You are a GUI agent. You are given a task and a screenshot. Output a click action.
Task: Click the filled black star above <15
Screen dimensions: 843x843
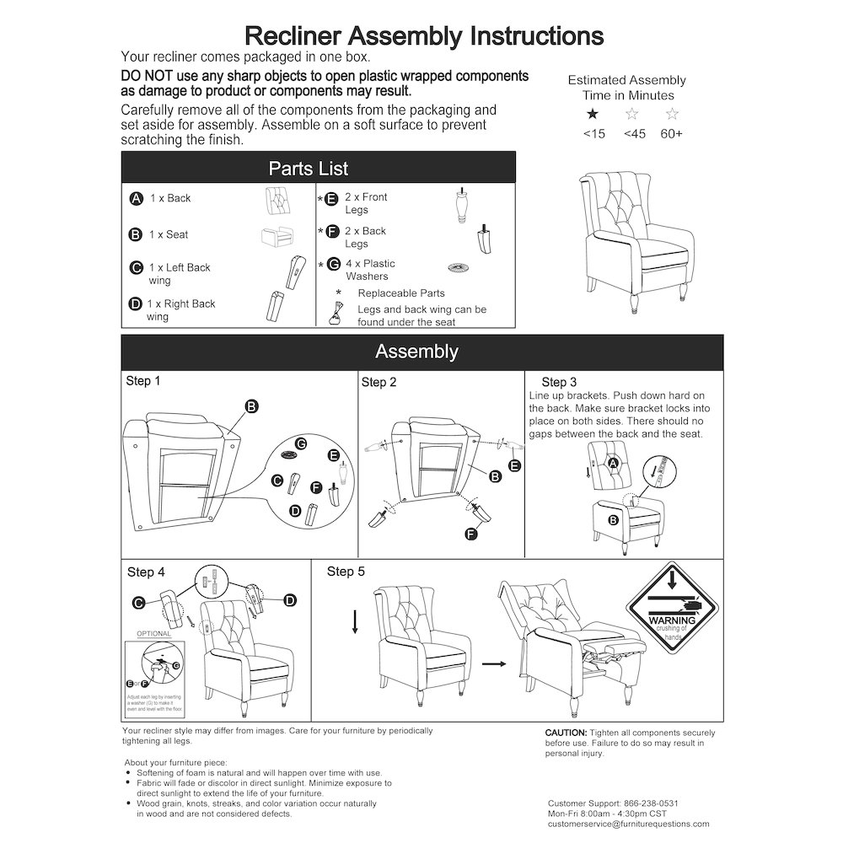(x=593, y=114)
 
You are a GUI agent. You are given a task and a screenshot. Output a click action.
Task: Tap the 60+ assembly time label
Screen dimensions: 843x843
(x=672, y=134)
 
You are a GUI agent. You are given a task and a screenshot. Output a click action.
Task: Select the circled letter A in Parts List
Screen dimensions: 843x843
(x=136, y=199)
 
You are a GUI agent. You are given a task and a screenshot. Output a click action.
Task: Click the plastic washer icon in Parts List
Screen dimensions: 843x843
(x=458, y=267)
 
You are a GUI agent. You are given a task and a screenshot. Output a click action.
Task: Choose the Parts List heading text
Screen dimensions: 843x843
(x=309, y=169)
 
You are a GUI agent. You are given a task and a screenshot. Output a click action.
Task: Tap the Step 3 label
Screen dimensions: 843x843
(x=560, y=383)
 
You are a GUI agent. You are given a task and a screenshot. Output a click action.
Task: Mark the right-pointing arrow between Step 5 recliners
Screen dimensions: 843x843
(x=494, y=664)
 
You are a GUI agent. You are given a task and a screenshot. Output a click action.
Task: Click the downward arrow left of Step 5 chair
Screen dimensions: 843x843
(x=355, y=621)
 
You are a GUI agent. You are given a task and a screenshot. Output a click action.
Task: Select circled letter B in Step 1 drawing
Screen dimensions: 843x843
(x=251, y=407)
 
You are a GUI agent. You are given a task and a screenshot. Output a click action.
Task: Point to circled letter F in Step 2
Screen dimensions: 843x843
(x=471, y=534)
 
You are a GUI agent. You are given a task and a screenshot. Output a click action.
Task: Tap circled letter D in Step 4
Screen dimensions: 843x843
(x=290, y=600)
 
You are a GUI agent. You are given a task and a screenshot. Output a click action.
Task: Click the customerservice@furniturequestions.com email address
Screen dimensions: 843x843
(x=628, y=824)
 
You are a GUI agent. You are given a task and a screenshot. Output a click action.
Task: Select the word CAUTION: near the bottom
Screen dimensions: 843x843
(x=566, y=733)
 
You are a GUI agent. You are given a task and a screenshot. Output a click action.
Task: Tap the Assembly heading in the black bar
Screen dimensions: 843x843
(x=416, y=352)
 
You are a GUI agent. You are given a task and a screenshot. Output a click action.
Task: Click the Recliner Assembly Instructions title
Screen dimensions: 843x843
(x=423, y=35)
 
